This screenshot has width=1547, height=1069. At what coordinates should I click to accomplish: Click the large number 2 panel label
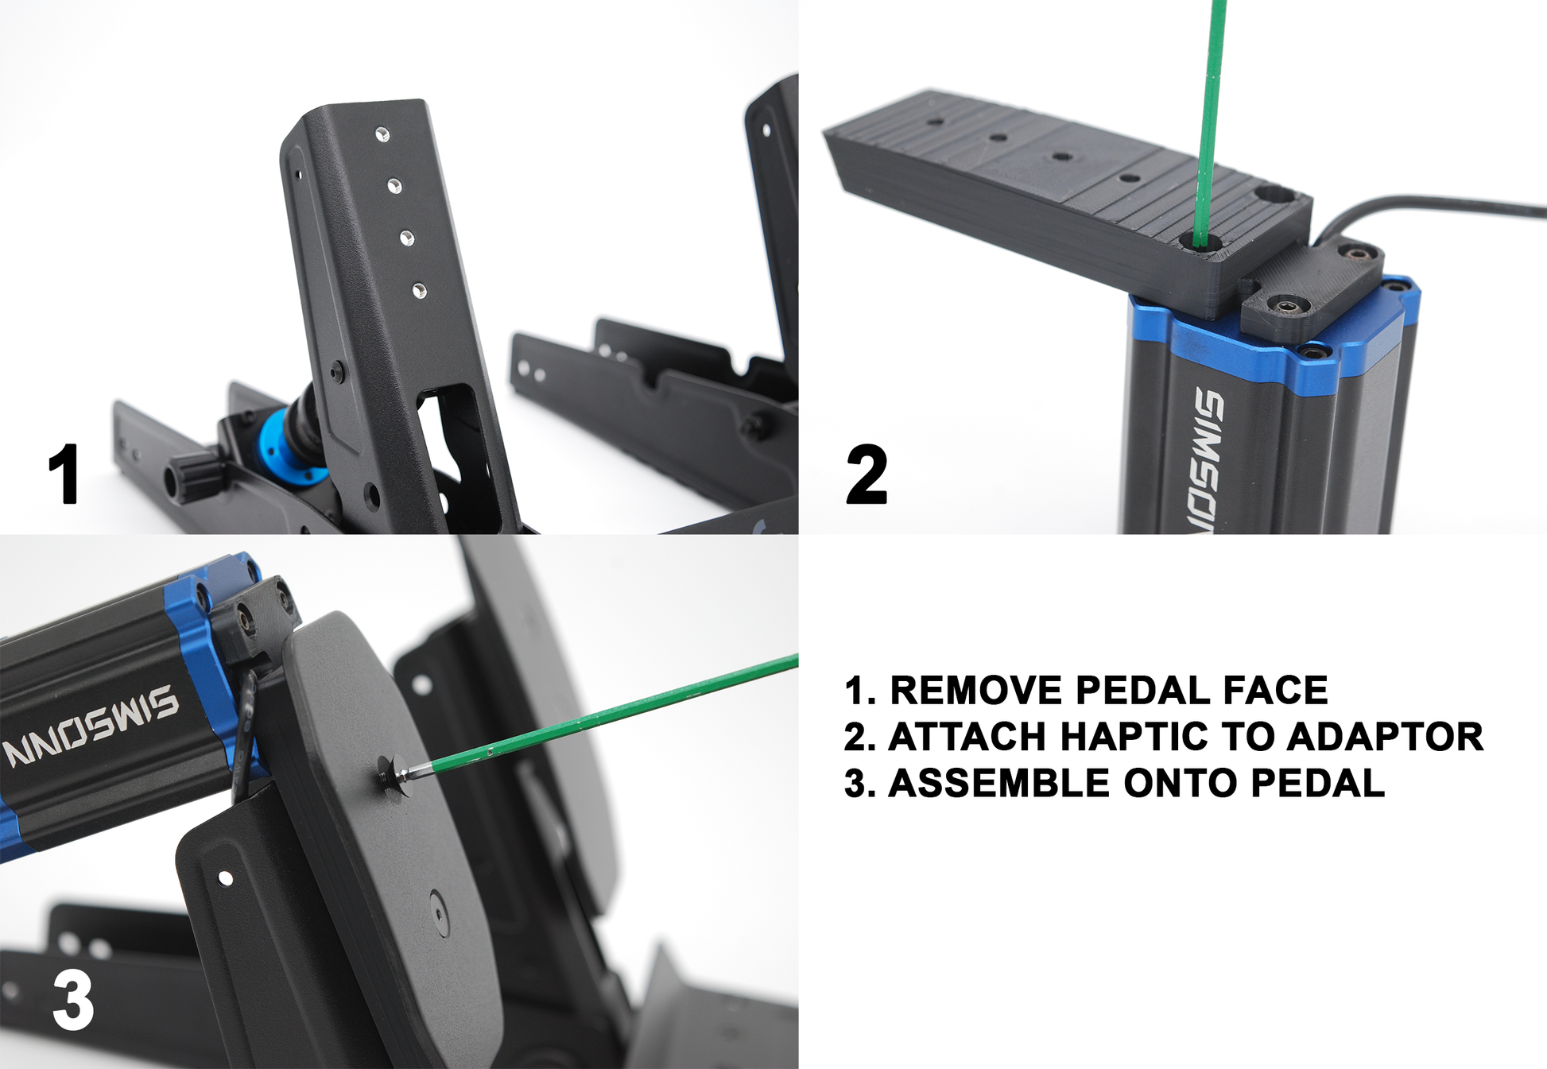click(x=867, y=474)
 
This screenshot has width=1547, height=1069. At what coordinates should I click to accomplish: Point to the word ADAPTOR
click(x=1385, y=737)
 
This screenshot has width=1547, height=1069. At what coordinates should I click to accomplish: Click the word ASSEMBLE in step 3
click(x=998, y=783)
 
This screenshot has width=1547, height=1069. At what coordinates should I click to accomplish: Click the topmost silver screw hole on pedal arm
click(x=382, y=134)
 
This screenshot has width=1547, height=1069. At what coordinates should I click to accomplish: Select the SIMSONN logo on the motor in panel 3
click(x=91, y=726)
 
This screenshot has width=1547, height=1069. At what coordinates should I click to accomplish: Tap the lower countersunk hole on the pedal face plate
click(x=438, y=913)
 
